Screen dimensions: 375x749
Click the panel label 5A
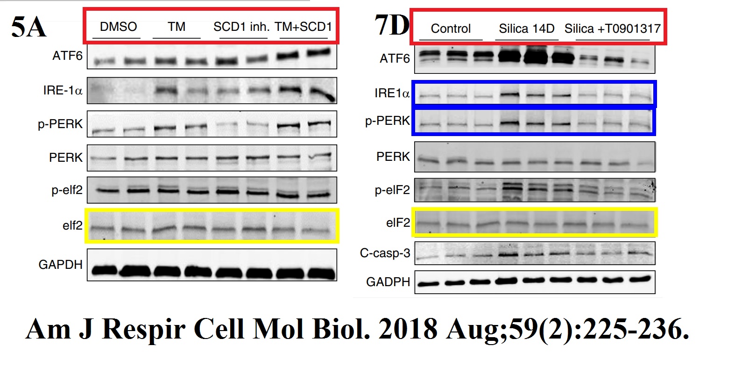(28, 27)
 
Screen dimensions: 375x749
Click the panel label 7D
(391, 25)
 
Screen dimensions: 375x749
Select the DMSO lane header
(118, 27)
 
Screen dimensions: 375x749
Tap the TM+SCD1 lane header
(303, 27)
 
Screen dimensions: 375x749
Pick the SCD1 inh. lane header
(241, 27)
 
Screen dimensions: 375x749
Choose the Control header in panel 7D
(450, 29)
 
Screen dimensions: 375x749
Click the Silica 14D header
(526, 29)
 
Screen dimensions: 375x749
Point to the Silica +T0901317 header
(612, 29)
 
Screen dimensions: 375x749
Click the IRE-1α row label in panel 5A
(63, 90)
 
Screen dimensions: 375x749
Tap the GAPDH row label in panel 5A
(60, 265)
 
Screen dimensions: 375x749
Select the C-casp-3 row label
(385, 253)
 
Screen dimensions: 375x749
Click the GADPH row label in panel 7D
(388, 282)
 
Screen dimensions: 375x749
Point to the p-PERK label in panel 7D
(387, 121)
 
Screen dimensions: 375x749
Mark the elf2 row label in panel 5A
(72, 225)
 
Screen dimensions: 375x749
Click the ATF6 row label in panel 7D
(395, 58)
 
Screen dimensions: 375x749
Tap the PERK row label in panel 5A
(66, 158)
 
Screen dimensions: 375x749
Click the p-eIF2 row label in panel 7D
(392, 190)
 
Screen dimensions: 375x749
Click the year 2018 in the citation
(408, 329)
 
